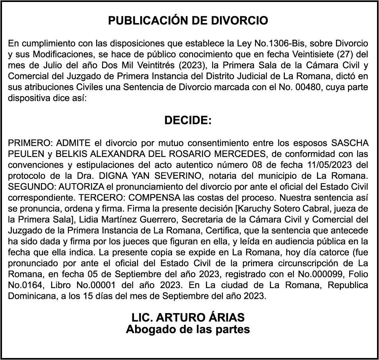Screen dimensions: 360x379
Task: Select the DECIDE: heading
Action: pos(188,120)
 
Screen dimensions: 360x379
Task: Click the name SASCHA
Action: pos(350,143)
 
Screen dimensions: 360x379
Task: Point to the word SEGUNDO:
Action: pos(29,186)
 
